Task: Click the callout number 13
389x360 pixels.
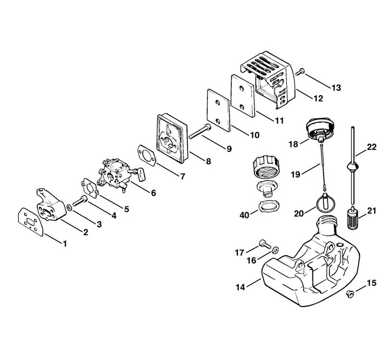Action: [336, 88]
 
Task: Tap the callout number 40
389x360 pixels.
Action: [244, 215]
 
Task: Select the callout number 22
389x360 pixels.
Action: [372, 147]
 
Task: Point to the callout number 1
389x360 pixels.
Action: [65, 244]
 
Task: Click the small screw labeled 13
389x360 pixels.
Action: [300, 72]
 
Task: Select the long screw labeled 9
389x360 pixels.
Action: [200, 131]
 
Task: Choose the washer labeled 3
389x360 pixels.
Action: [70, 208]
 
